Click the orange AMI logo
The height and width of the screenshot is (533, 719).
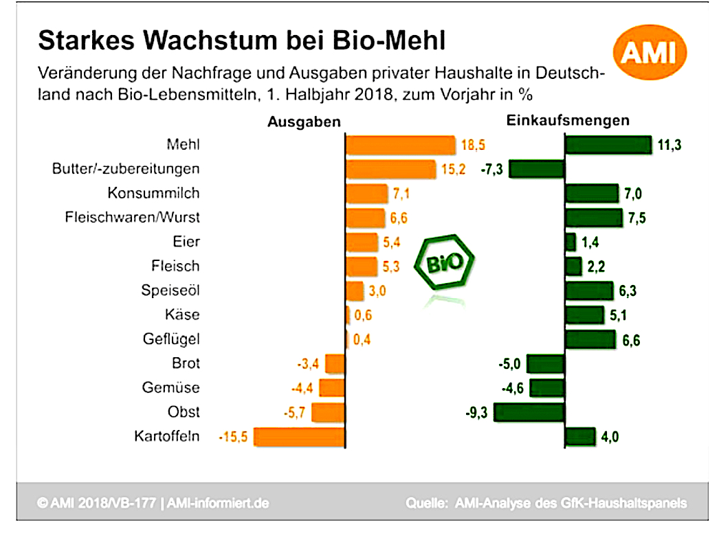click(x=648, y=54)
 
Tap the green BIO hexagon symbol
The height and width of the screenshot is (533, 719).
click(x=445, y=264)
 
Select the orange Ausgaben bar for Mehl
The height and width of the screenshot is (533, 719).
click(x=400, y=145)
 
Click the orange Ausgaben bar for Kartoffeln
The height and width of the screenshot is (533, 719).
click(x=300, y=436)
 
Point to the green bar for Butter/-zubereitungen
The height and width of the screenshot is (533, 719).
click(x=537, y=169)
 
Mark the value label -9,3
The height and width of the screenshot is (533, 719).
click(x=478, y=412)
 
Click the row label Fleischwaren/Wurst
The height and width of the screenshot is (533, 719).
click(x=132, y=218)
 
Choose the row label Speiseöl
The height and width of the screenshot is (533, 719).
click(x=170, y=291)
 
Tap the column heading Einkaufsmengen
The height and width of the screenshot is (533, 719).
click(x=568, y=120)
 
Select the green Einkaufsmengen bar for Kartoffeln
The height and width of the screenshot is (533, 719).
click(x=579, y=436)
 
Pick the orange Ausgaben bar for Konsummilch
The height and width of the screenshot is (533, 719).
click(x=367, y=194)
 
